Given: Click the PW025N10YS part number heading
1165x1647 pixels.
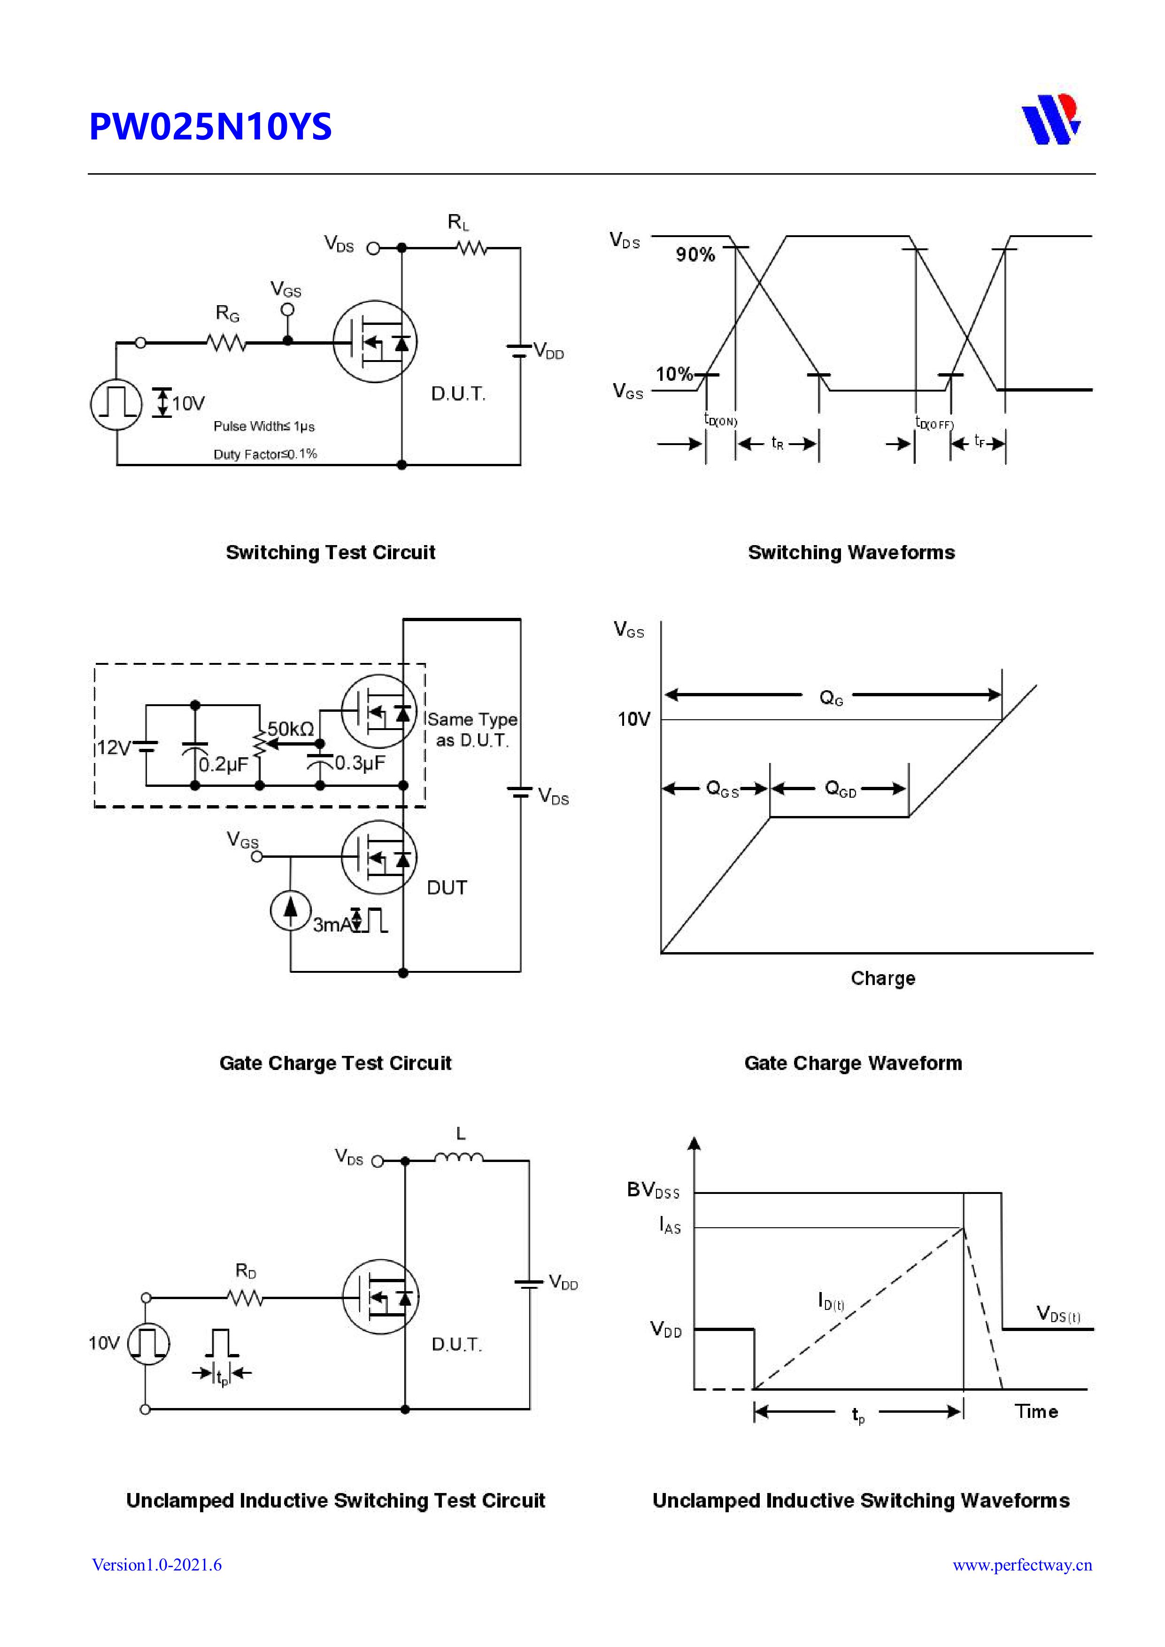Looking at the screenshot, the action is [x=210, y=126].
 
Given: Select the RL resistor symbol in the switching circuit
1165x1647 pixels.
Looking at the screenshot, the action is [x=472, y=248].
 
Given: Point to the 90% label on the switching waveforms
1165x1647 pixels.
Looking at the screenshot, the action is [x=694, y=254].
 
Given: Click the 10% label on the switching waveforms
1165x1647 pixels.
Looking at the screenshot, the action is [x=674, y=374].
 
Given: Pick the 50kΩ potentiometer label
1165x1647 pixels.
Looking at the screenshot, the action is [x=291, y=729].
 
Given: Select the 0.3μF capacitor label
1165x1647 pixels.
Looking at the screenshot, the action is [x=360, y=762].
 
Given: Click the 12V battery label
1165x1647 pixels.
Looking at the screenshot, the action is [x=113, y=748].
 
